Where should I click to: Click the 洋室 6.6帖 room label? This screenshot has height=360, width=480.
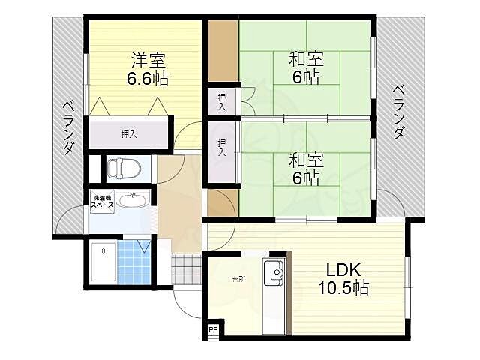[148, 69]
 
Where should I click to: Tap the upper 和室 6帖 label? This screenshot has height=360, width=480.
[306, 68]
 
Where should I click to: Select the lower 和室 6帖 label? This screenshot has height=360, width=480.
[306, 169]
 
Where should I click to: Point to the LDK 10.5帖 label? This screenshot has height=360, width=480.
[343, 278]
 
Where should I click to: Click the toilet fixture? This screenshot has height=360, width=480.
[124, 168]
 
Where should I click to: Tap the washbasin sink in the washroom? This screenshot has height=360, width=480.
[133, 201]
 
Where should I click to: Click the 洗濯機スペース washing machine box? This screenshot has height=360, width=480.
[102, 202]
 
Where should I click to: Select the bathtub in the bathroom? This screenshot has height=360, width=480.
[103, 262]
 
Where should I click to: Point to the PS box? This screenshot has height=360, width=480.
[213, 330]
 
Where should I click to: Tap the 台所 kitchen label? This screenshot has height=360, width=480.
[238, 279]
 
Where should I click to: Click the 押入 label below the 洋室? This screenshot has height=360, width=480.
[129, 133]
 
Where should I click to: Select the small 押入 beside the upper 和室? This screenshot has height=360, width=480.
[222, 102]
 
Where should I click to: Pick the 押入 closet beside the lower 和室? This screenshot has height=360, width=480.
[222, 152]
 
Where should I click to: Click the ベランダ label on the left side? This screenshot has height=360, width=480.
[68, 128]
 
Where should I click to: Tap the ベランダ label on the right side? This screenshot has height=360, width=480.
[398, 112]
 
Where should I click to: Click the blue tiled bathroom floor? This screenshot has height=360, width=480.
[133, 262]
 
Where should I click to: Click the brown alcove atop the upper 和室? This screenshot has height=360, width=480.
[223, 50]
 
